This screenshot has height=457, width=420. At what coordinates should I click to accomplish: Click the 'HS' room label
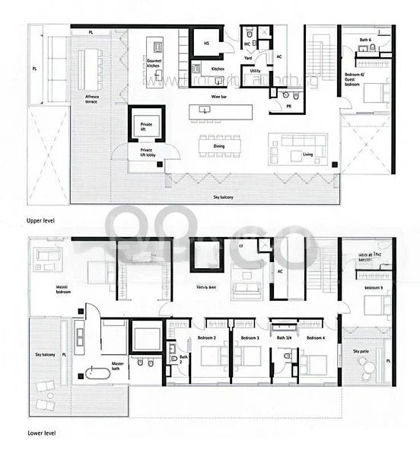tap(205, 44)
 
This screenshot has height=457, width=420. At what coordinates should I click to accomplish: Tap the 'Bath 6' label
tap(365, 40)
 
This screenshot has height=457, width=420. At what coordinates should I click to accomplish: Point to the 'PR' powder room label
tap(289, 107)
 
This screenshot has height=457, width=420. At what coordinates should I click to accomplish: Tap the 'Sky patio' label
tap(361, 351)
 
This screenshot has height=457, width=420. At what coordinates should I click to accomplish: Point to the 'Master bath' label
tap(119, 365)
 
